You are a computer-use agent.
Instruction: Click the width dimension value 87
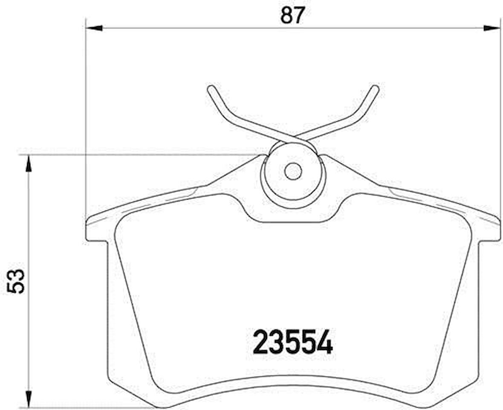coord(293,16)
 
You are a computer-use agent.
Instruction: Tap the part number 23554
coord(293,343)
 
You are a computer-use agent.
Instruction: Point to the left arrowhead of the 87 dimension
coord(94,28)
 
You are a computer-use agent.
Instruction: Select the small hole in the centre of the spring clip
coord(293,172)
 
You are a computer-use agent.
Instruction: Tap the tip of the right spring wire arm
coord(375,88)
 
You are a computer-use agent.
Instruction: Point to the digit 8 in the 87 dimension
coord(286,16)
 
